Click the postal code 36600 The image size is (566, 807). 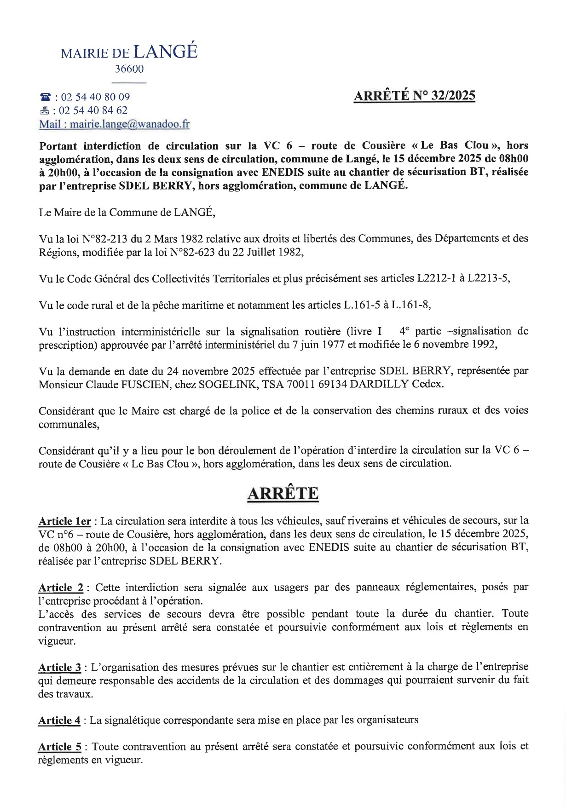(x=129, y=69)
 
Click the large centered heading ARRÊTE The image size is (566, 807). (x=283, y=493)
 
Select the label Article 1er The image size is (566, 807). (x=64, y=521)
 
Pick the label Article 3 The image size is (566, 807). (x=60, y=667)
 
